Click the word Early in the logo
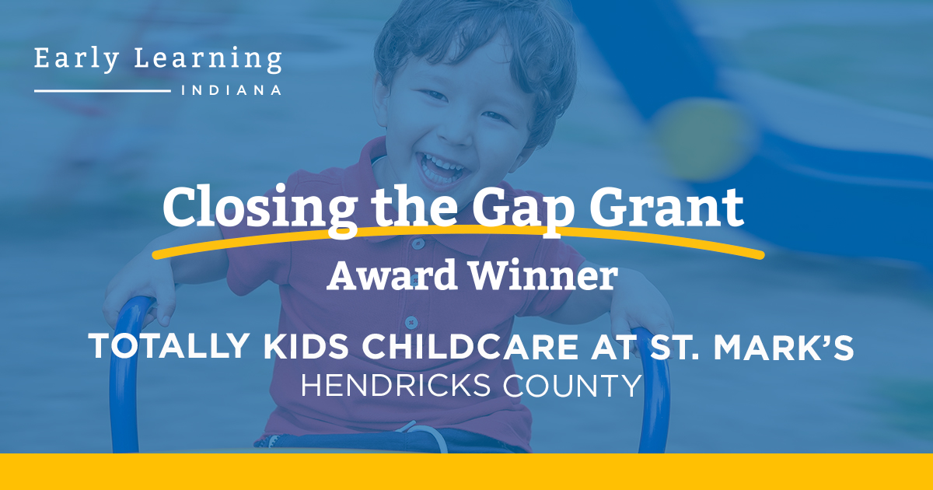(77, 60)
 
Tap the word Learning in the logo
(208, 60)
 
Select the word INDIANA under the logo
(232, 90)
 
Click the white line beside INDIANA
(103, 90)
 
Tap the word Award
(392, 275)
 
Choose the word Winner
(543, 275)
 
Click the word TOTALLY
(169, 346)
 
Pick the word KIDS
(306, 346)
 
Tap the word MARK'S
(784, 346)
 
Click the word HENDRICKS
(396, 386)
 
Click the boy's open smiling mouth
(441, 169)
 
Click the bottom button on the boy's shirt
(411, 322)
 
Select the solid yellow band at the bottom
(466, 471)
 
